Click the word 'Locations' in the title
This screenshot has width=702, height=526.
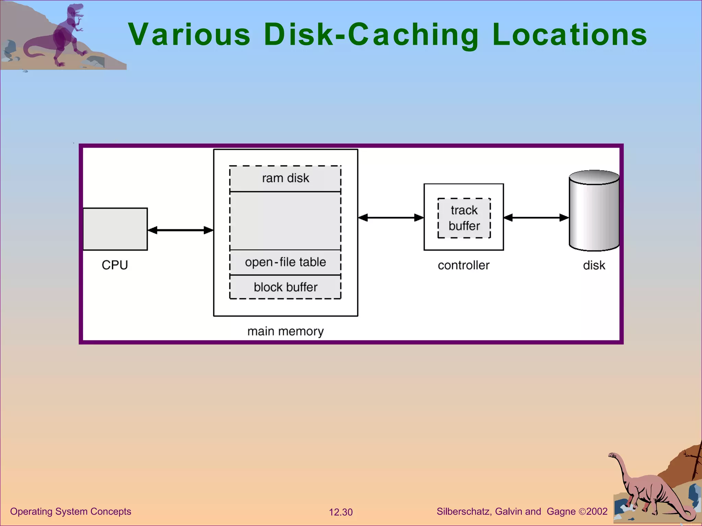pos(569,34)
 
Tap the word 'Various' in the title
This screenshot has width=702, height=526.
pos(189,34)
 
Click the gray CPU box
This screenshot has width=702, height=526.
pos(115,229)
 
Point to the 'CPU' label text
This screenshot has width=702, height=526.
pos(115,265)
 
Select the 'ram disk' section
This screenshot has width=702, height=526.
pos(285,178)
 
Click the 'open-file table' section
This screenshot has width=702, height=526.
pos(285,262)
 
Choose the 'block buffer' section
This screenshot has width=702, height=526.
pos(285,287)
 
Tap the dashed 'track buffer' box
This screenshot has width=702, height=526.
pos(464,218)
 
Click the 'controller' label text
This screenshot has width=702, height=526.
pos(463,265)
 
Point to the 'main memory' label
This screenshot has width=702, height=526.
pos(285,331)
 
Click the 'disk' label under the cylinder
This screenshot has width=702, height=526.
pos(594,265)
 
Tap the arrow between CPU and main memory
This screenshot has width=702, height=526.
pos(180,230)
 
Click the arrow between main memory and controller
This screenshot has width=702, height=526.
pos(391,217)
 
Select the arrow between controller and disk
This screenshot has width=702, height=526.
pos(536,217)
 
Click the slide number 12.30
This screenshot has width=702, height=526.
pos(340,512)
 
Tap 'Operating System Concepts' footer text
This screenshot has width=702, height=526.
pos(71,511)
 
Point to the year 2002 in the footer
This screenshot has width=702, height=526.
pos(597,511)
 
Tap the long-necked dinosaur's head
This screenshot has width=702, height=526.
pos(613,455)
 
